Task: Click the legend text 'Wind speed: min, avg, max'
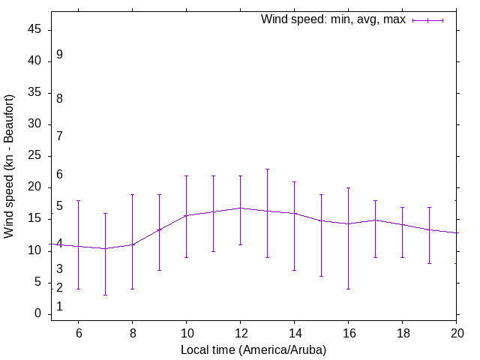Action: tap(333, 19)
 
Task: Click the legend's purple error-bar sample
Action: tap(427, 20)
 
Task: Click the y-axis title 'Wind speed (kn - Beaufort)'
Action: tap(9, 166)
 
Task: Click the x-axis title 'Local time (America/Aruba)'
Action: tap(253, 349)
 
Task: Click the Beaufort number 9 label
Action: tap(59, 54)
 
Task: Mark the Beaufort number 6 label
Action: tap(59, 175)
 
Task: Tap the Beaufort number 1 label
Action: tap(59, 307)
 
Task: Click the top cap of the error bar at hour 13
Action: tap(267, 169)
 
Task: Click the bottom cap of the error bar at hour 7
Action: tap(105, 295)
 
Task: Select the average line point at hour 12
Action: tap(240, 208)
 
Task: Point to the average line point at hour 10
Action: tap(186, 215)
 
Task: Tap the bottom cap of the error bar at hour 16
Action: tap(348, 289)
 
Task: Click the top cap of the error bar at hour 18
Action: tap(402, 207)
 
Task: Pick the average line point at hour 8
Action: tap(132, 244)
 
